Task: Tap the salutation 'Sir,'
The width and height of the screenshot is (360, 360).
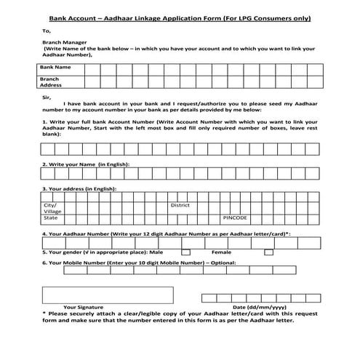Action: click(x=48, y=97)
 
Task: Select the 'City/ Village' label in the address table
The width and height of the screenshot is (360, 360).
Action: click(x=54, y=208)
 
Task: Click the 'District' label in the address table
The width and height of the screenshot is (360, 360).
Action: click(x=180, y=205)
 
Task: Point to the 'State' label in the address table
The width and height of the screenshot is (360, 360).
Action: click(x=50, y=217)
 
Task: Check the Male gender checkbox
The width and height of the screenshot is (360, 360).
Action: click(x=185, y=252)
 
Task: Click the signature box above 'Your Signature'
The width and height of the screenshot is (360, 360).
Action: click(x=108, y=295)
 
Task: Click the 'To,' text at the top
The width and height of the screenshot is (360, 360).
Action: click(x=47, y=31)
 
